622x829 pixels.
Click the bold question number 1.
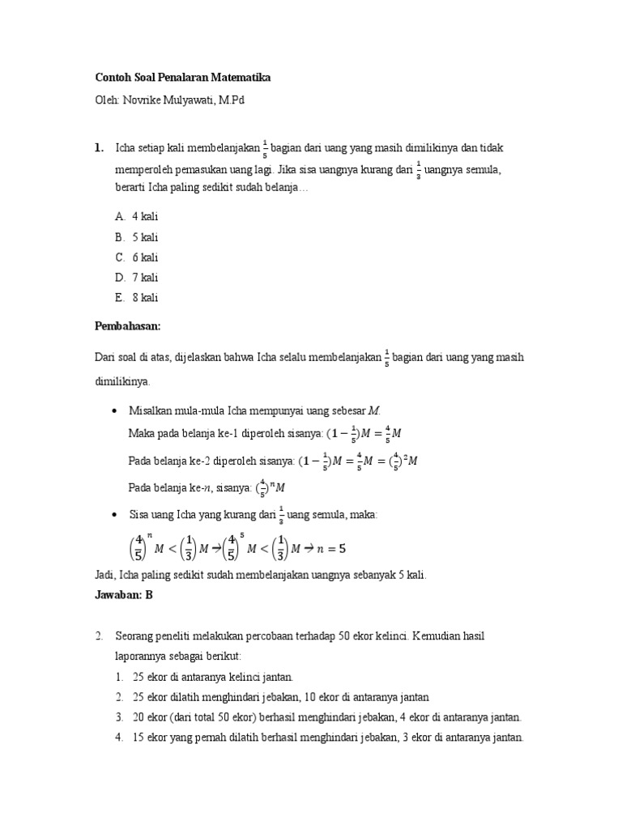(x=98, y=148)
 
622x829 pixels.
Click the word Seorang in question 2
(x=134, y=636)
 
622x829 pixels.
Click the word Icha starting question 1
(x=127, y=148)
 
